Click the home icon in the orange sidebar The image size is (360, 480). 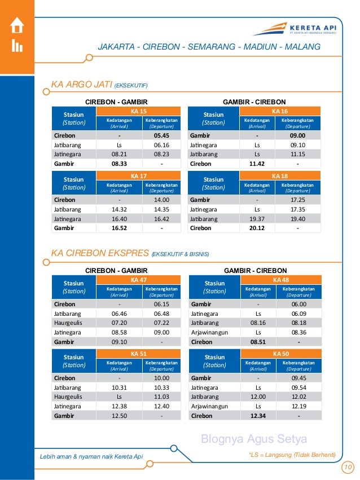click(16, 25)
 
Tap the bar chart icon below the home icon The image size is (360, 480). click(16, 46)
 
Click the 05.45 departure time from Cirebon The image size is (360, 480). click(161, 135)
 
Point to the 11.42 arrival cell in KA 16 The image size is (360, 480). click(258, 164)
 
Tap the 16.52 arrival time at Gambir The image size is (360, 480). click(119, 228)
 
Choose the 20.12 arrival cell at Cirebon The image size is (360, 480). click(258, 228)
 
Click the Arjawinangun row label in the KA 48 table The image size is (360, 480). click(209, 332)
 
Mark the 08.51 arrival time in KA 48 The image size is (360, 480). click(258, 341)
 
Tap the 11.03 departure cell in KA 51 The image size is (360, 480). click(161, 397)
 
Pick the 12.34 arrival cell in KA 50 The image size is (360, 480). click(258, 416)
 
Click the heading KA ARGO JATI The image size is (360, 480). click(82, 85)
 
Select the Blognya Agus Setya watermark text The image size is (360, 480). click(254, 439)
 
